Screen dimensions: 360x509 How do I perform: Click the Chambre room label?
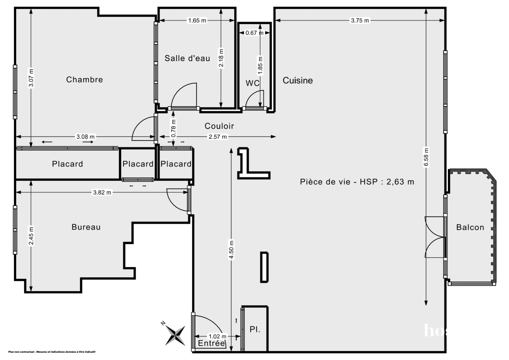point(84,79)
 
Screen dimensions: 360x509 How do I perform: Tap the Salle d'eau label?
point(187,59)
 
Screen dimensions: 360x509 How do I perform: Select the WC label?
point(252,83)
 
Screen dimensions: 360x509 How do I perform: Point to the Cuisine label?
point(298,80)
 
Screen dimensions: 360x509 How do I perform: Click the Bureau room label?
point(86,227)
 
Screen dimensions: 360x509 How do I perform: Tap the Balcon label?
point(470,227)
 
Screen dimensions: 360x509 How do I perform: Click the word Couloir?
point(219,126)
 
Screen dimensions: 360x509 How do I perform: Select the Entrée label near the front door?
point(211,343)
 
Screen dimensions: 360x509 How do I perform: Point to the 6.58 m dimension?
point(426,157)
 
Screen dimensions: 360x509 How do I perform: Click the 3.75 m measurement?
point(360,20)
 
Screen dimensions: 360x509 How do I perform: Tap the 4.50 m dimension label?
point(231,250)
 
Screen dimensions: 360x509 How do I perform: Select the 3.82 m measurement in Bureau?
point(102,192)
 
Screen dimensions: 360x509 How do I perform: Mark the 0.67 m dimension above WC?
point(255,33)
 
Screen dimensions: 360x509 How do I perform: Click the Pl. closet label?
point(255,329)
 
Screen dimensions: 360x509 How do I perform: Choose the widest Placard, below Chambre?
point(67,164)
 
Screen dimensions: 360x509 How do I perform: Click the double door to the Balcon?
point(435,237)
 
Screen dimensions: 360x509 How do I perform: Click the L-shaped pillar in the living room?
point(250,166)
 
